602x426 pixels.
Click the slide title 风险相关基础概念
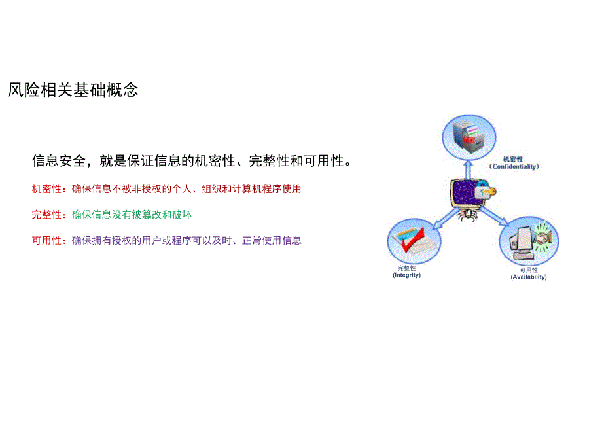coord(73,90)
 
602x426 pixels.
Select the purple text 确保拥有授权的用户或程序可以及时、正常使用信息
coord(186,240)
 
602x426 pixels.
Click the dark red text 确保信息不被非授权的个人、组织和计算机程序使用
coord(186,189)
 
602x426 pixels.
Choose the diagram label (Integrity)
coord(407,275)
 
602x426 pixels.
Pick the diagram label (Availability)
coord(528,277)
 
